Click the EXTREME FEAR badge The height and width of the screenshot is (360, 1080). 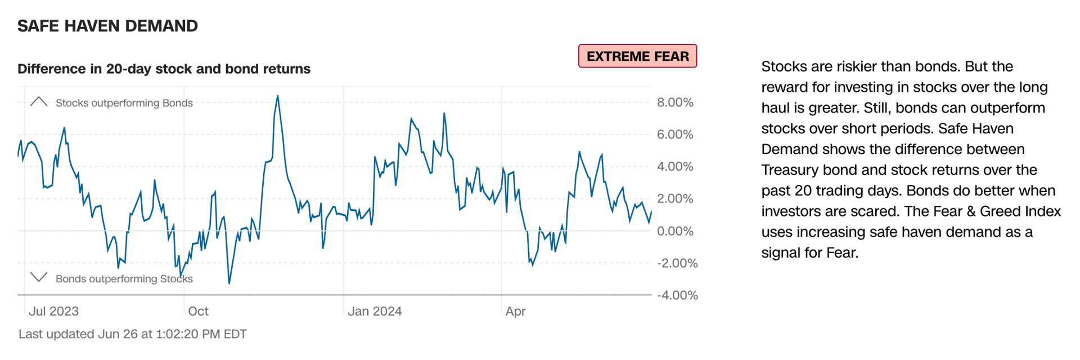pyautogui.click(x=637, y=56)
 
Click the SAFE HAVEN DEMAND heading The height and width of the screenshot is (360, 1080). pyautogui.click(x=107, y=26)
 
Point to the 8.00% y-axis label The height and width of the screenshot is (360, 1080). pyautogui.click(x=675, y=102)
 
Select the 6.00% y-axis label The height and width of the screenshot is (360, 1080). pyautogui.click(x=675, y=134)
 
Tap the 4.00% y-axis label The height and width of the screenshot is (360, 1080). pyautogui.click(x=675, y=166)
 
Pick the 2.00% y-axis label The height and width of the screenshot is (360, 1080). pyautogui.click(x=675, y=199)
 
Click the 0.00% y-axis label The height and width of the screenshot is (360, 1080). pyautogui.click(x=675, y=231)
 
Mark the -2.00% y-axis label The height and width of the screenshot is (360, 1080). pyautogui.click(x=677, y=263)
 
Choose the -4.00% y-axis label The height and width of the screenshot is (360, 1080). pyautogui.click(x=677, y=295)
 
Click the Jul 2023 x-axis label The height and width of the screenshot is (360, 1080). pyautogui.click(x=53, y=311)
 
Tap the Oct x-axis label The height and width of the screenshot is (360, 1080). pyautogui.click(x=198, y=311)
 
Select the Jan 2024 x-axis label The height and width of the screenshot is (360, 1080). pyautogui.click(x=375, y=311)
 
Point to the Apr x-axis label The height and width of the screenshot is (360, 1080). pyautogui.click(x=515, y=311)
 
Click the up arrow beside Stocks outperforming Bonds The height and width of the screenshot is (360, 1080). pyautogui.click(x=38, y=101)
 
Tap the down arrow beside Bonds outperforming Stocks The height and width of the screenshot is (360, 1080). pyautogui.click(x=38, y=277)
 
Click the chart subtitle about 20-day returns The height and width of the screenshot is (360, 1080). pyautogui.click(x=164, y=69)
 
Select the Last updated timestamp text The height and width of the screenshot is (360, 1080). pyautogui.click(x=132, y=334)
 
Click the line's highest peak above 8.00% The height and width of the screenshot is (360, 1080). pyautogui.click(x=278, y=96)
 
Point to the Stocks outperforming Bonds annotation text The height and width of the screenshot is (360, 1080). pyautogui.click(x=124, y=103)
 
